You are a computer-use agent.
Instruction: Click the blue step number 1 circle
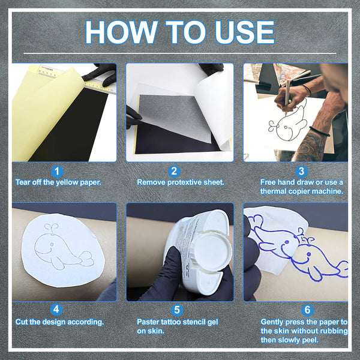tap(57, 172)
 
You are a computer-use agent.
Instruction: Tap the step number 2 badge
tap(174, 172)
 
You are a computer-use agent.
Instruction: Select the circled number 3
tap(301, 172)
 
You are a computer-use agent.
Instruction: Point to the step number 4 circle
tap(56, 310)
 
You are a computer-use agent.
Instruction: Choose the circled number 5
tap(177, 310)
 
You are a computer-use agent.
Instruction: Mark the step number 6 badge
tap(307, 310)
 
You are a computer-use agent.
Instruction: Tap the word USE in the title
tap(245, 32)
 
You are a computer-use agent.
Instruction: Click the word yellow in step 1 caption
tap(67, 182)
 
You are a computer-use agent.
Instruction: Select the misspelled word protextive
tap(181, 182)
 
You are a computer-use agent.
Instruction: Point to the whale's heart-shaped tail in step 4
tap(87, 259)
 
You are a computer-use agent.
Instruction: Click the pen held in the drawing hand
tap(287, 97)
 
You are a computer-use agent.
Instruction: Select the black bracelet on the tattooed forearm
tap(319, 131)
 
